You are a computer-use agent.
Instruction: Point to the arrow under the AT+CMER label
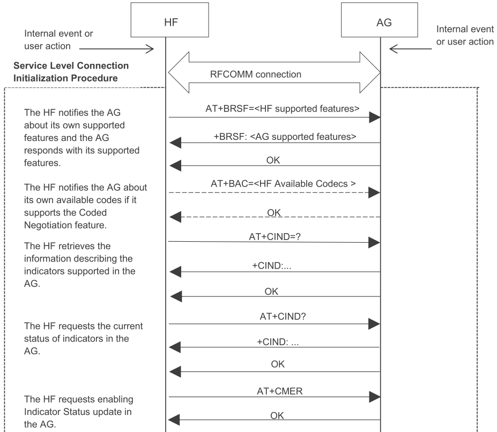[x=274, y=397]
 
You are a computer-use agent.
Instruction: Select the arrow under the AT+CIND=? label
[x=274, y=242]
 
